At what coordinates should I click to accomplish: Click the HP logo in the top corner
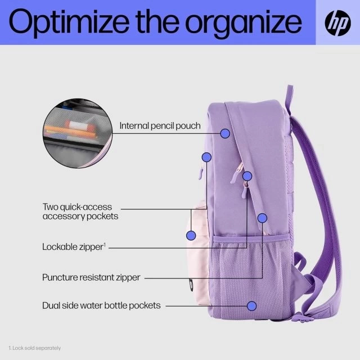(337, 23)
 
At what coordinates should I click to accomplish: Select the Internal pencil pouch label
(160, 126)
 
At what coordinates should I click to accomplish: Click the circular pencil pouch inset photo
(78, 133)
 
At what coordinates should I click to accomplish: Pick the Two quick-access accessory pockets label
(80, 211)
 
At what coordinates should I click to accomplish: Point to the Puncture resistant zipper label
(91, 277)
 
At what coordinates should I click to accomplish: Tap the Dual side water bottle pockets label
(101, 305)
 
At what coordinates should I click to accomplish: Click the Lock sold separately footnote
(35, 348)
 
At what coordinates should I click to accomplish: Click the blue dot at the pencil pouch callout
(225, 133)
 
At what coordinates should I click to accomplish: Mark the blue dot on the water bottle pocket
(251, 306)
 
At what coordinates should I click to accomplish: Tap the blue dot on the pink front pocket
(191, 236)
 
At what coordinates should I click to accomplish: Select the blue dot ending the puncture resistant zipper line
(262, 218)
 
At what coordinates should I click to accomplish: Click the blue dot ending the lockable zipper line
(247, 176)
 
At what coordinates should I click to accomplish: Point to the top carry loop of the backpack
(289, 96)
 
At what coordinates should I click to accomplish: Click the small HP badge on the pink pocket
(191, 285)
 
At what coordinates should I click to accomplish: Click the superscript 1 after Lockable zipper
(105, 245)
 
